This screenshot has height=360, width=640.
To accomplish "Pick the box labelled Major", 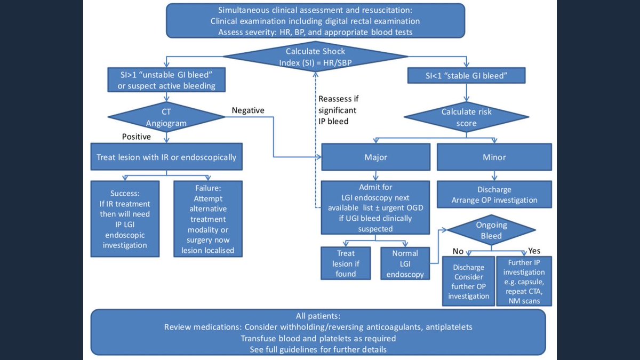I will coord(376,158).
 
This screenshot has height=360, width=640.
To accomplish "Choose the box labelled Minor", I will coord(494,158).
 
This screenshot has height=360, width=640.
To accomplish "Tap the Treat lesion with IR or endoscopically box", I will coord(166,157).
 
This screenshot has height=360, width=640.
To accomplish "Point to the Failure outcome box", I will coord(207,219).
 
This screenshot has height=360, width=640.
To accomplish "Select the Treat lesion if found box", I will coord(342,263).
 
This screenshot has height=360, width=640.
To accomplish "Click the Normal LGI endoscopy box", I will coord(405,263).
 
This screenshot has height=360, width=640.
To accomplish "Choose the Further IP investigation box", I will coord(524,282).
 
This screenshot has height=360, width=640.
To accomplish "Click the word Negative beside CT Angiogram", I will coord(248,110).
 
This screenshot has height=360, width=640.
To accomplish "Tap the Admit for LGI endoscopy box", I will coord(375,208).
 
